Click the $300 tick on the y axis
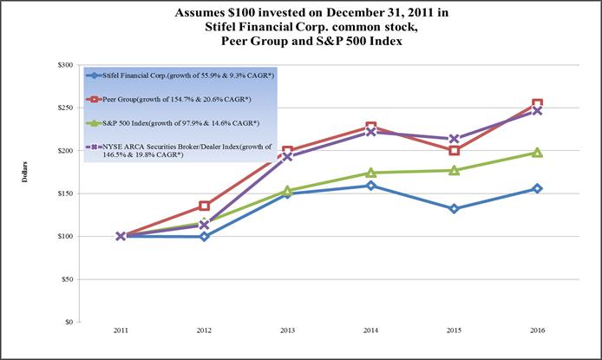click(x=66, y=65)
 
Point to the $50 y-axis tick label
click(x=67, y=279)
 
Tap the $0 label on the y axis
click(x=69, y=322)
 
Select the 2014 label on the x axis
click(x=370, y=332)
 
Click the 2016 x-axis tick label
click(x=537, y=332)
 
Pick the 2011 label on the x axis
click(x=121, y=332)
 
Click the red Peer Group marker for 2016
click(x=537, y=104)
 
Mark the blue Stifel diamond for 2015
click(x=454, y=208)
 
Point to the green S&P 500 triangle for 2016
click(x=537, y=153)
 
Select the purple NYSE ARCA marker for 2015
click(x=454, y=139)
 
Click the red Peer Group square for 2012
click(x=204, y=206)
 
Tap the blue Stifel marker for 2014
click(x=370, y=186)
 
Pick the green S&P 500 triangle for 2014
click(x=370, y=173)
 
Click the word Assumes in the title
click(x=219, y=14)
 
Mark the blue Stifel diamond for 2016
click(x=537, y=188)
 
